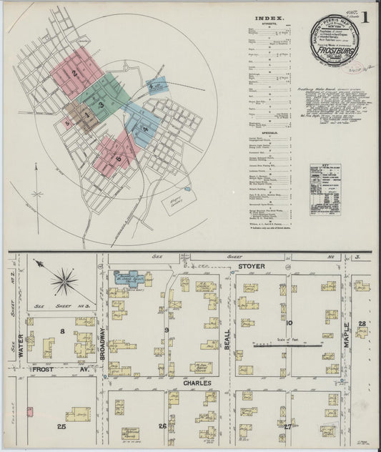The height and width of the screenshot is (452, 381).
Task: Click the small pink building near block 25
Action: [29, 411]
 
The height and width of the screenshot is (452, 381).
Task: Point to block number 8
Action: [62, 330]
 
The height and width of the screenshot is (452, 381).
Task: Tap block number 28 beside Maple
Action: [362, 325]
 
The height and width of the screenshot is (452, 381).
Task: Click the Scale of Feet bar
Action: [294, 346]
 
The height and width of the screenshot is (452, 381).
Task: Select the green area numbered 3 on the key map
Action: [102, 104]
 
